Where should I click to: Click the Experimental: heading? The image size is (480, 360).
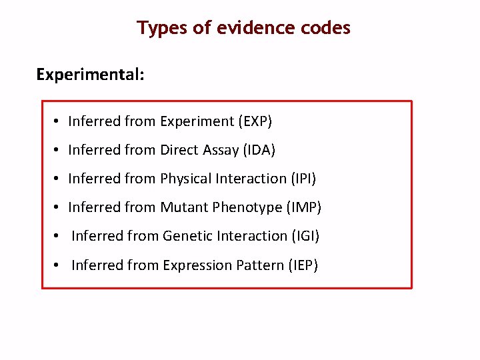point(90,74)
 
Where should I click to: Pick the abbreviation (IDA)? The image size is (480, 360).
point(259,150)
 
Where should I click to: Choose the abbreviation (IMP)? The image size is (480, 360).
point(303,207)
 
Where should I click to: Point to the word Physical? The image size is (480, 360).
point(186,179)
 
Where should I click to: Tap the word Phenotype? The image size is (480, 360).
point(247,207)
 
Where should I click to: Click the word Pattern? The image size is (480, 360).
point(261,265)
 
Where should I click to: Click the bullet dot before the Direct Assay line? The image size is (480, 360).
point(59,150)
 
